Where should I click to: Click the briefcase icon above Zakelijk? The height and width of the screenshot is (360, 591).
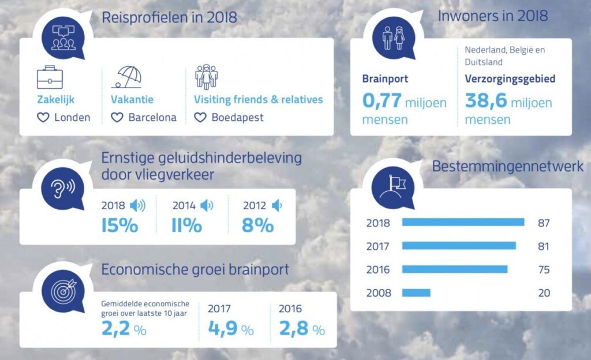tap(50, 78)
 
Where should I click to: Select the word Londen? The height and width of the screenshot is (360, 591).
tap(72, 118)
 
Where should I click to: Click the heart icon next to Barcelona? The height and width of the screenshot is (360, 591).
tap(117, 118)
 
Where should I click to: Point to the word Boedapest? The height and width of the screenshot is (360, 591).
tap(237, 118)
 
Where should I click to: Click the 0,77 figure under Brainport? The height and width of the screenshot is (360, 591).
tap(381, 102)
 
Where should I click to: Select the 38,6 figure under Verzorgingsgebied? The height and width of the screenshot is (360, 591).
tap(485, 102)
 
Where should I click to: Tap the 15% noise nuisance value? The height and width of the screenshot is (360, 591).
tap(119, 225)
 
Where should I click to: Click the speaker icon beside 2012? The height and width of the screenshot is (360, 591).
tap(277, 205)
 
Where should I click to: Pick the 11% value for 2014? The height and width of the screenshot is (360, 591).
tap(186, 225)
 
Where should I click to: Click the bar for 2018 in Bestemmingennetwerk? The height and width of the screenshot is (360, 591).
tap(463, 222)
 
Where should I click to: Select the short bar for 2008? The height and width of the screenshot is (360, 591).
tap(416, 293)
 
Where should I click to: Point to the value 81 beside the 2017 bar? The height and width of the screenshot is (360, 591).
tap(543, 246)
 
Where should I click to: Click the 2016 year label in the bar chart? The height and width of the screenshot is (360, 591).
tap(378, 270)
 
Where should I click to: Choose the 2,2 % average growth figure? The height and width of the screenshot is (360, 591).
tap(123, 329)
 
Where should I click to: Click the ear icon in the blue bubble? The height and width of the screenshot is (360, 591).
tap(59, 188)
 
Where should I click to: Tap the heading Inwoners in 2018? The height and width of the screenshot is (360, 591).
tap(492, 16)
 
